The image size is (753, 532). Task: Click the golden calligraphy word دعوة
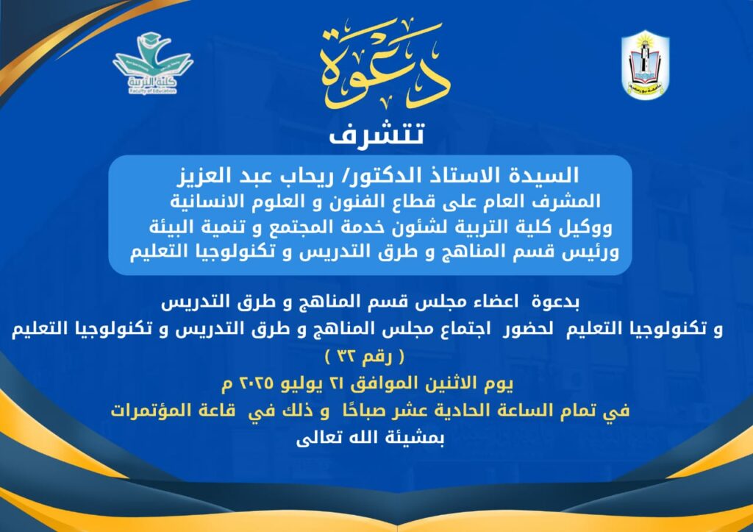384,65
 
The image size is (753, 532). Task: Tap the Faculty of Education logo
153,63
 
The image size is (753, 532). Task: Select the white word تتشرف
376,134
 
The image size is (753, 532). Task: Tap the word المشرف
568,201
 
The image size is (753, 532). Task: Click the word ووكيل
585,227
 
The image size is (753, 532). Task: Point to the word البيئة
171,227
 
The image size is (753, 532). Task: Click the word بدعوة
555,302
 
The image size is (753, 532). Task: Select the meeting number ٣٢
345,357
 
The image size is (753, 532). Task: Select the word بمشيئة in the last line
416,439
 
